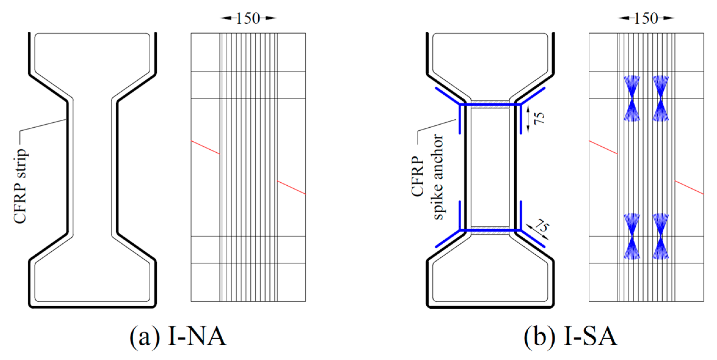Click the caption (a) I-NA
[x=178, y=336]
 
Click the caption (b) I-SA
[x=570, y=336]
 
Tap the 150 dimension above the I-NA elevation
[x=248, y=18]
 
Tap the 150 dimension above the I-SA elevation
[x=646, y=18]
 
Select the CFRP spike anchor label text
[x=428, y=177]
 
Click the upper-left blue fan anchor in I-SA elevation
[x=631, y=98]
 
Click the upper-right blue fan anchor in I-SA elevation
[x=661, y=98]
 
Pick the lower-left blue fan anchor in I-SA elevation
[x=631, y=236]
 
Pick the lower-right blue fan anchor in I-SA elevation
[x=661, y=236]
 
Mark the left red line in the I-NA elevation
[x=205, y=147]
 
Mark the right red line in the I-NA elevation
[x=291, y=187]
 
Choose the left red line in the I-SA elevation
[x=603, y=147]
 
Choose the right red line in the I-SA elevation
[x=689, y=187]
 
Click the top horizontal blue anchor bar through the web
[x=490, y=104]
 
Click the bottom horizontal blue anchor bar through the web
[x=490, y=230]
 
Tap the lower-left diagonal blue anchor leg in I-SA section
[x=448, y=239]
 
